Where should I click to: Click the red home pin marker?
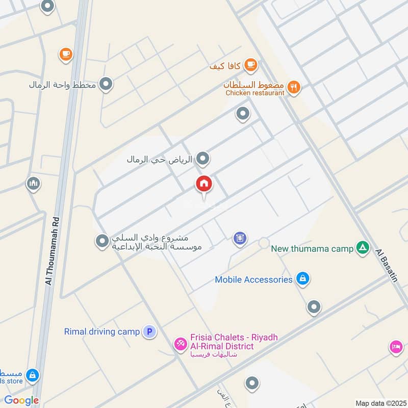tap(204, 184)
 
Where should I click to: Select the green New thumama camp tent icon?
tap(363, 248)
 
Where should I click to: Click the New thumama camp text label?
tap(312, 249)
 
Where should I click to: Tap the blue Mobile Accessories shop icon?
tap(303, 279)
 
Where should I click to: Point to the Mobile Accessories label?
tap(253, 279)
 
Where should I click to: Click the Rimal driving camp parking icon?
tap(149, 331)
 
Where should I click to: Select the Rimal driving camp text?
tap(101, 331)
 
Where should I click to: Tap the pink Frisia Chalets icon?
tap(180, 344)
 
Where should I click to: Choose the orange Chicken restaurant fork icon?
tap(293, 88)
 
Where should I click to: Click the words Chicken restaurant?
tap(254, 93)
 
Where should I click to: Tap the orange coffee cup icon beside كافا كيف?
tap(250, 65)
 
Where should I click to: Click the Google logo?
tap(21, 400)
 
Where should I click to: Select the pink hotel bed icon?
tap(395, 347)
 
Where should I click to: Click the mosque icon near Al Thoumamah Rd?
tap(34, 184)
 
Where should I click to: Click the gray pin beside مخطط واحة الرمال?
tap(106, 84)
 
